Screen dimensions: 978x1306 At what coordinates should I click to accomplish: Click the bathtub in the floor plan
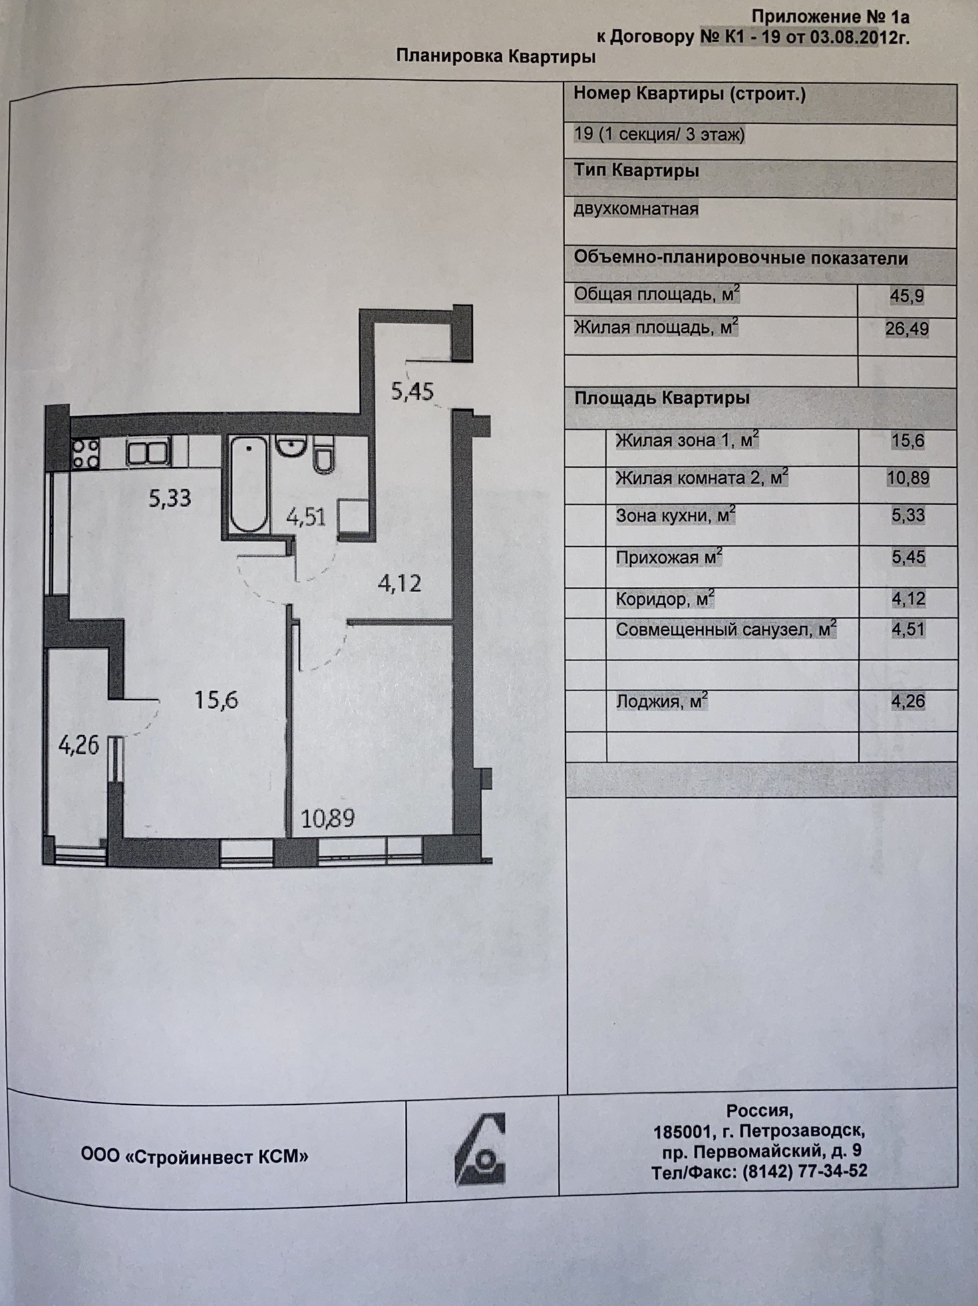[249, 484]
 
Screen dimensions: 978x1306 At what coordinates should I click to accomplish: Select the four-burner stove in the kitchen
[86, 452]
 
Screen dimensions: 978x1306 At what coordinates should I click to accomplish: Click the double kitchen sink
[148, 452]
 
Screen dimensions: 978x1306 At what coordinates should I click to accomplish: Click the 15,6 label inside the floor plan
[216, 700]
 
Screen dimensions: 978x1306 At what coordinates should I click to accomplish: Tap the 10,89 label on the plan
[327, 818]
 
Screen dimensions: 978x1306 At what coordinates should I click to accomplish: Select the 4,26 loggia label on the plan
[79, 745]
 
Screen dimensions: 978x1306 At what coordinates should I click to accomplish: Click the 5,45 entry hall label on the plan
[412, 391]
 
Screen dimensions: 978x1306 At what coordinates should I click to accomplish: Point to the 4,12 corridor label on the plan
[399, 583]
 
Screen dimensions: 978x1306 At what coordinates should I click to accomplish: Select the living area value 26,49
[907, 329]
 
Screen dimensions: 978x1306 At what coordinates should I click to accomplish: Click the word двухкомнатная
[636, 209]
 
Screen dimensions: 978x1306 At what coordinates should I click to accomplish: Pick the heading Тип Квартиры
[636, 171]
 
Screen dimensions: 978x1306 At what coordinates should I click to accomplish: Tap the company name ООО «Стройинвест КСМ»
[194, 1156]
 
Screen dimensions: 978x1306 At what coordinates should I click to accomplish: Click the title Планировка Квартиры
[496, 56]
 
